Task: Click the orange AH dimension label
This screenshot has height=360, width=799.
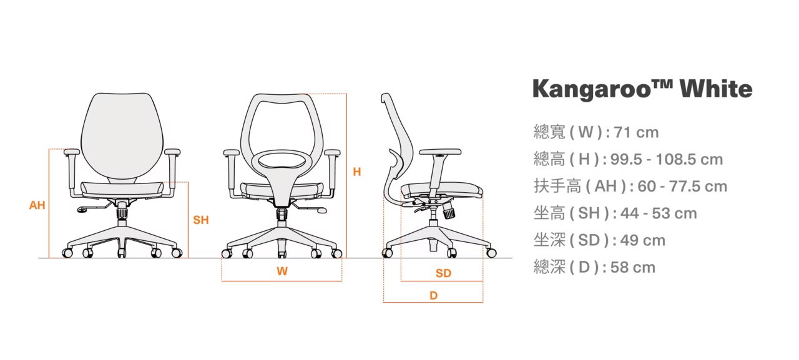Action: point(37,205)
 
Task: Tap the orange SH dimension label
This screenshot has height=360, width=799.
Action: point(200,220)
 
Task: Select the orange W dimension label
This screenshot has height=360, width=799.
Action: point(282,271)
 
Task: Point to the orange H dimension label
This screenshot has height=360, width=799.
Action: point(356,172)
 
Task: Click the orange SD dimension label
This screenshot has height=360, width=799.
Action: point(443,273)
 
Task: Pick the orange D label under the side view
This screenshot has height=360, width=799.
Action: point(433,296)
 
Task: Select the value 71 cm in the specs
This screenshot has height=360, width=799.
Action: point(636,132)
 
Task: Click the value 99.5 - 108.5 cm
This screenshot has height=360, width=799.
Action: point(667,160)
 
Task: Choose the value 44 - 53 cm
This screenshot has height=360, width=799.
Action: point(659,213)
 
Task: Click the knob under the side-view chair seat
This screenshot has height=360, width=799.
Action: point(449,213)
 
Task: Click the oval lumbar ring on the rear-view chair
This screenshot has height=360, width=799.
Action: point(281,161)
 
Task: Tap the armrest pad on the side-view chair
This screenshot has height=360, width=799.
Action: point(440,152)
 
